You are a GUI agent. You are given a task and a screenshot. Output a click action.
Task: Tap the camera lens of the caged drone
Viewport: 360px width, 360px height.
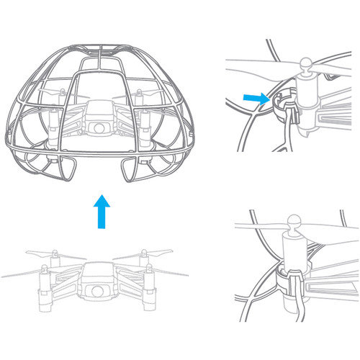click(95, 128)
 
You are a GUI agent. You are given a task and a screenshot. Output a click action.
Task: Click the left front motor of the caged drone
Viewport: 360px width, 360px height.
click(52, 119)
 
